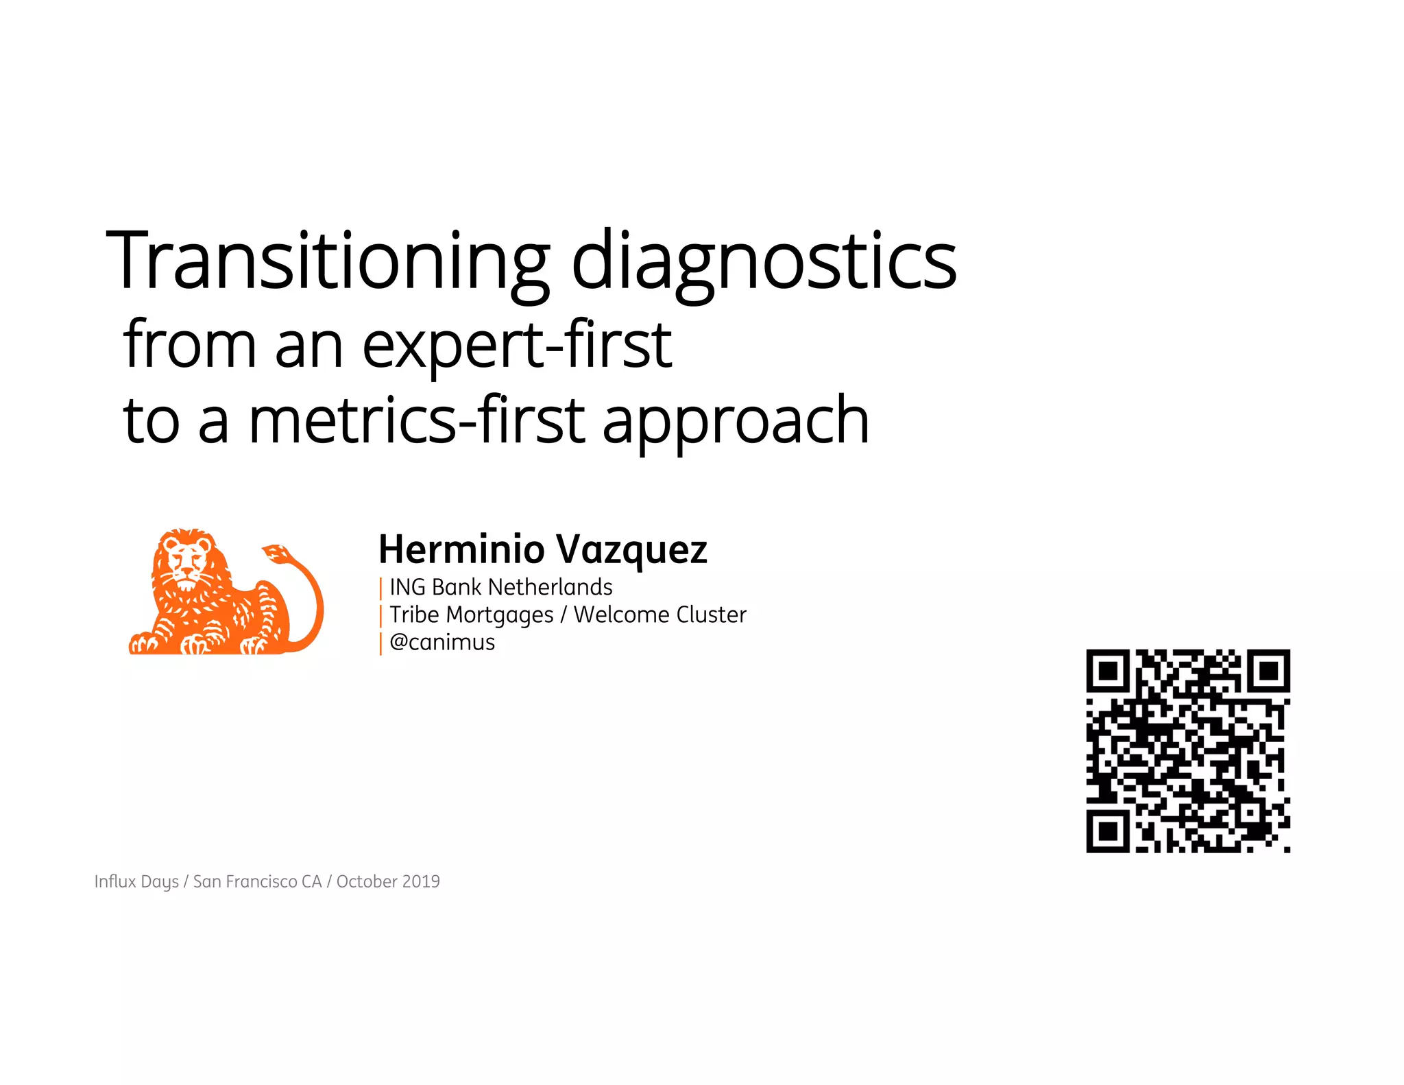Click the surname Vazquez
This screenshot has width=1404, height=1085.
coord(631,549)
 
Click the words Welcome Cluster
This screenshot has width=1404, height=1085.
coord(659,615)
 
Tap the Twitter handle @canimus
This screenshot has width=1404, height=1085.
coord(442,642)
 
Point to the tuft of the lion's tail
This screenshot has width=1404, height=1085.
coord(276,553)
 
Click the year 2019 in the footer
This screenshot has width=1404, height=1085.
coord(421,881)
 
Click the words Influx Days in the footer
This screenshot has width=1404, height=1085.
coord(136,881)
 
